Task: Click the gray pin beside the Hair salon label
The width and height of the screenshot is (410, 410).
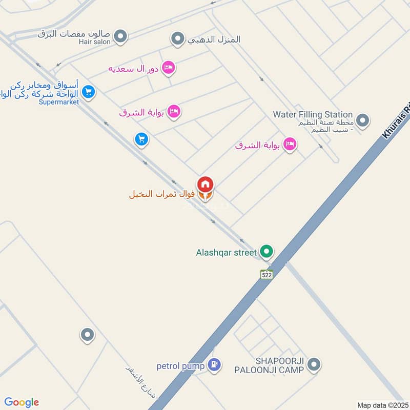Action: pos(120,36)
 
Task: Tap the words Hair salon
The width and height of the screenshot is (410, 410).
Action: pos(95,42)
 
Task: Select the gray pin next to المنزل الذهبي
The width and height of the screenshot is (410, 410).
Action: pos(177,38)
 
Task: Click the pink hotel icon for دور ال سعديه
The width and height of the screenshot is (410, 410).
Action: pos(168,68)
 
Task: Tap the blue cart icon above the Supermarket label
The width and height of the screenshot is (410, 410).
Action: pos(89,92)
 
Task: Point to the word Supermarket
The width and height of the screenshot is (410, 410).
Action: pos(59,102)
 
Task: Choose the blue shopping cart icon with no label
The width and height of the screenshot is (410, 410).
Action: pos(142,139)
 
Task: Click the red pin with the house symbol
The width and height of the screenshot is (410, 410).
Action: pos(206,183)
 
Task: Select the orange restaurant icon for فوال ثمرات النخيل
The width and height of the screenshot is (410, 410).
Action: pos(205,195)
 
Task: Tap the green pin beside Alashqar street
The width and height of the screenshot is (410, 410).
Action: pos(266,252)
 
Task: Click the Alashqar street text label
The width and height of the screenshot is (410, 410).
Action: pos(226,252)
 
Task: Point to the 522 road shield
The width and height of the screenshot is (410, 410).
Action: pos(266,274)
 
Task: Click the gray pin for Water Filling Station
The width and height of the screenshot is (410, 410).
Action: pos(363,121)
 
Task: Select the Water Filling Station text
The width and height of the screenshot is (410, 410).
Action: pos(313,114)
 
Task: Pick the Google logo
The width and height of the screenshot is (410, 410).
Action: pos(22,402)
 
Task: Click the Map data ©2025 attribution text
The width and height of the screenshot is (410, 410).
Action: pos(382,405)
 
